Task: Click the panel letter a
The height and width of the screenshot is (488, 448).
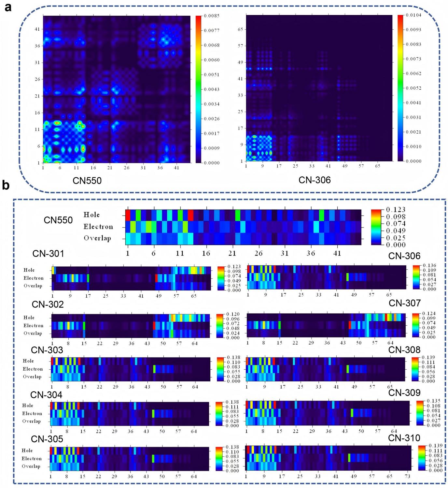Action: pos(7,7)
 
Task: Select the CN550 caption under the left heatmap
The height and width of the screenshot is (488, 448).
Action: pos(87,180)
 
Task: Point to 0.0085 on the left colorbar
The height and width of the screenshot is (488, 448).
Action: pos(212,16)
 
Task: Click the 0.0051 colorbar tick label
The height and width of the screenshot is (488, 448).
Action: pos(212,75)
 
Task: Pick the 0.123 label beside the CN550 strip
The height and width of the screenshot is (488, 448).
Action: pos(395,210)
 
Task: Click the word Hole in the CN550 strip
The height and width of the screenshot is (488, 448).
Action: pos(91,215)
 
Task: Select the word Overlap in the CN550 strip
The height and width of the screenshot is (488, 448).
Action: pos(97,238)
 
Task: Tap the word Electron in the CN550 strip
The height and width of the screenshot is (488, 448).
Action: pos(98,227)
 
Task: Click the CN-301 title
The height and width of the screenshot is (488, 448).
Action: pos(48,254)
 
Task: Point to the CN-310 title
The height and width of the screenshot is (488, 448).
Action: pos(404,438)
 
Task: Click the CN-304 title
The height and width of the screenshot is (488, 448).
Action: pos(46,395)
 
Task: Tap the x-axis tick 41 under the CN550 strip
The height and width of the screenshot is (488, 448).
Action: pos(337,253)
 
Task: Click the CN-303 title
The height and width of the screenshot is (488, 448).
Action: pos(47,350)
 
